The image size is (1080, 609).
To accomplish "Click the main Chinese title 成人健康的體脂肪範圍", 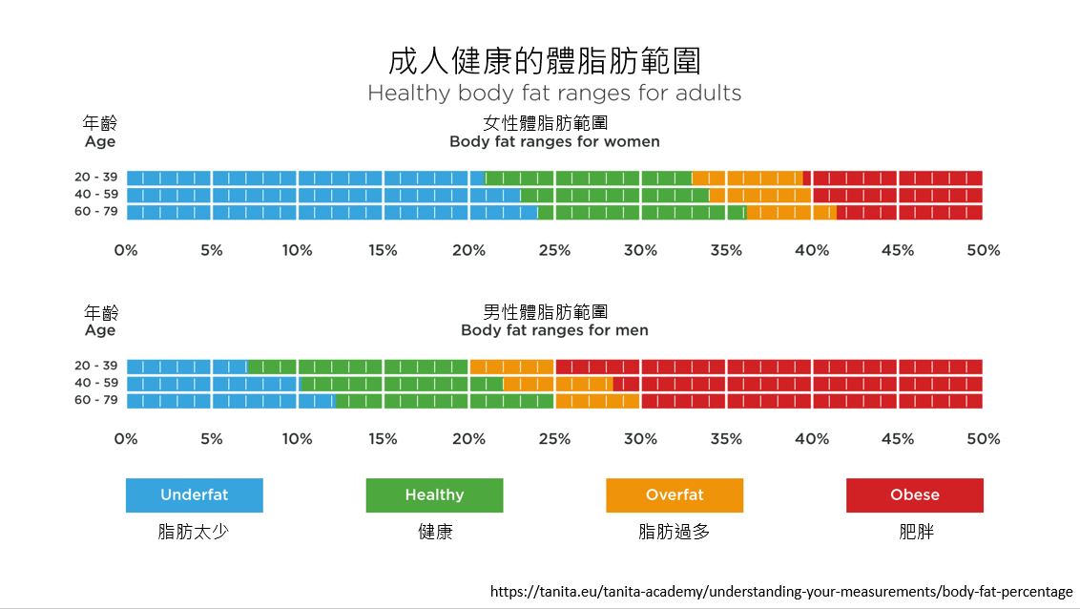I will click(545, 60).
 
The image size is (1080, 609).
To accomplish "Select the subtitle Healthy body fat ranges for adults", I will click(554, 94).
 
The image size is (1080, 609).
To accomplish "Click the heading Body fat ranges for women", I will click(554, 141).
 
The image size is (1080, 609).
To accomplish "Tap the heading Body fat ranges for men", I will click(554, 330).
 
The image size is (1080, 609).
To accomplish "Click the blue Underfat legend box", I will click(195, 495).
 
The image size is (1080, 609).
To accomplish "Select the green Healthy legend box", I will click(434, 495).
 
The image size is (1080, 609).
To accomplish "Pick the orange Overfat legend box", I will click(675, 495).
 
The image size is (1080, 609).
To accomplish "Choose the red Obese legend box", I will click(915, 495).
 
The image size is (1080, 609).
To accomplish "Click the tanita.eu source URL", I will click(781, 591).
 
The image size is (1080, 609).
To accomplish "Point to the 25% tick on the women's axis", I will click(554, 250).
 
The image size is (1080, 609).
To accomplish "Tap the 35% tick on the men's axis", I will click(726, 439).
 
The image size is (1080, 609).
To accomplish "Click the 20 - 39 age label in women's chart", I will click(96, 177).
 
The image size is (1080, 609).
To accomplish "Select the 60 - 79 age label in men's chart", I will click(96, 400).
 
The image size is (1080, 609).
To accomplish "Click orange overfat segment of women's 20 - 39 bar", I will click(747, 178).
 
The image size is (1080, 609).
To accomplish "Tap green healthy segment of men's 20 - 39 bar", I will click(357, 367).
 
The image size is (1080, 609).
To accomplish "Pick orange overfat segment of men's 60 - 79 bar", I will click(596, 401).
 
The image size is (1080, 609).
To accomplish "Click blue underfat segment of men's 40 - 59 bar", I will click(212, 384).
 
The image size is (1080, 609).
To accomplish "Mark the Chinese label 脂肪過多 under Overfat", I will click(675, 532).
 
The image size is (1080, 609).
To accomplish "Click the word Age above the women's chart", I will click(100, 141).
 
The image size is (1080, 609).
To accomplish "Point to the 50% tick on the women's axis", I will click(983, 250).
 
